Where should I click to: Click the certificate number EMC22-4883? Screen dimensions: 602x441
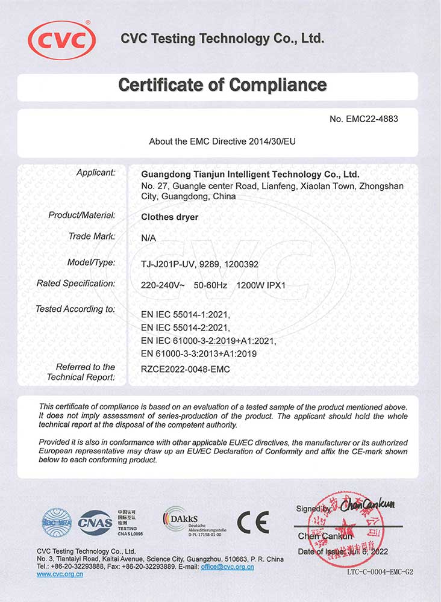(364, 119)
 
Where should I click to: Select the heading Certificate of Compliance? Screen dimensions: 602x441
(222, 85)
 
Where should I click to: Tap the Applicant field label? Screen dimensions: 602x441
(96, 173)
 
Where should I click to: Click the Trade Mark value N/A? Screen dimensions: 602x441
(148, 238)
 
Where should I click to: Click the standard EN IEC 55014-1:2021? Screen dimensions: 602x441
(186, 314)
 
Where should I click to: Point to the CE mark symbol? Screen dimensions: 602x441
(252, 521)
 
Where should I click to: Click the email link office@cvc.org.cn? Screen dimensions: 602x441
(227, 567)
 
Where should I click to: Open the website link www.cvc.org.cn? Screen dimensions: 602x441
(60, 575)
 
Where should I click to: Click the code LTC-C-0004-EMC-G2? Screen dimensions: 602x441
(380, 572)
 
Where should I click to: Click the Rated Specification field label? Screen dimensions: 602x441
(76, 283)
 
